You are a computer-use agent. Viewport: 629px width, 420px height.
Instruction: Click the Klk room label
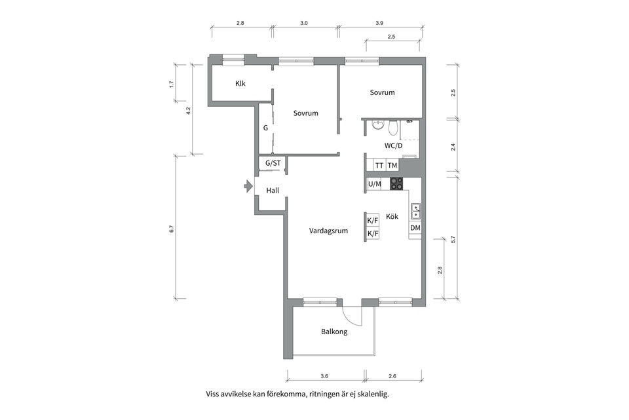point(240,83)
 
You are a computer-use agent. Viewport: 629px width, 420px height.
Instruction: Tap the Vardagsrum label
point(328,231)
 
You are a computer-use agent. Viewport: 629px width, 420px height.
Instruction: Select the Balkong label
point(334,332)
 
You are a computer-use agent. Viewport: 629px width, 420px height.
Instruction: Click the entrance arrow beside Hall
point(247,186)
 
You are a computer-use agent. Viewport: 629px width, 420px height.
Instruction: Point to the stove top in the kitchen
point(396,183)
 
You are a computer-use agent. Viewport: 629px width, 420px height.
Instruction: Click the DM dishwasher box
point(415,228)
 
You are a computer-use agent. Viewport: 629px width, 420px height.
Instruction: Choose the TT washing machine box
point(379,165)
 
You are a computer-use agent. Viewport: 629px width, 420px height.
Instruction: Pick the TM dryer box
point(392,165)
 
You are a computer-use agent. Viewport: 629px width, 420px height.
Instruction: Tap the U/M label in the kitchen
point(374,184)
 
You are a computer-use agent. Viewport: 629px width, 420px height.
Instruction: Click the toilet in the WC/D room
point(393,128)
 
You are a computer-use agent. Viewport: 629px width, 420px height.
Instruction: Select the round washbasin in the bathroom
point(377,126)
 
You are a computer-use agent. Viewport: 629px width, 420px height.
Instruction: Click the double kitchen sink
point(416,211)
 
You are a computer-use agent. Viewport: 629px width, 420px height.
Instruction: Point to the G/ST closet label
point(273,163)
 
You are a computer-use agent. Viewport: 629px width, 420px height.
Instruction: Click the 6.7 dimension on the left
point(172,229)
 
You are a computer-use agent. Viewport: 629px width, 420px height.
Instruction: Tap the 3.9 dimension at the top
point(379,23)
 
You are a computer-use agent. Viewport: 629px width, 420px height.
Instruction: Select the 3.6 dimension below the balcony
point(324,376)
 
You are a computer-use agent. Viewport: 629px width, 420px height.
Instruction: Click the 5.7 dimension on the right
point(453,239)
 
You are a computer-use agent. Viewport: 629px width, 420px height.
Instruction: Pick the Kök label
point(392,216)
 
